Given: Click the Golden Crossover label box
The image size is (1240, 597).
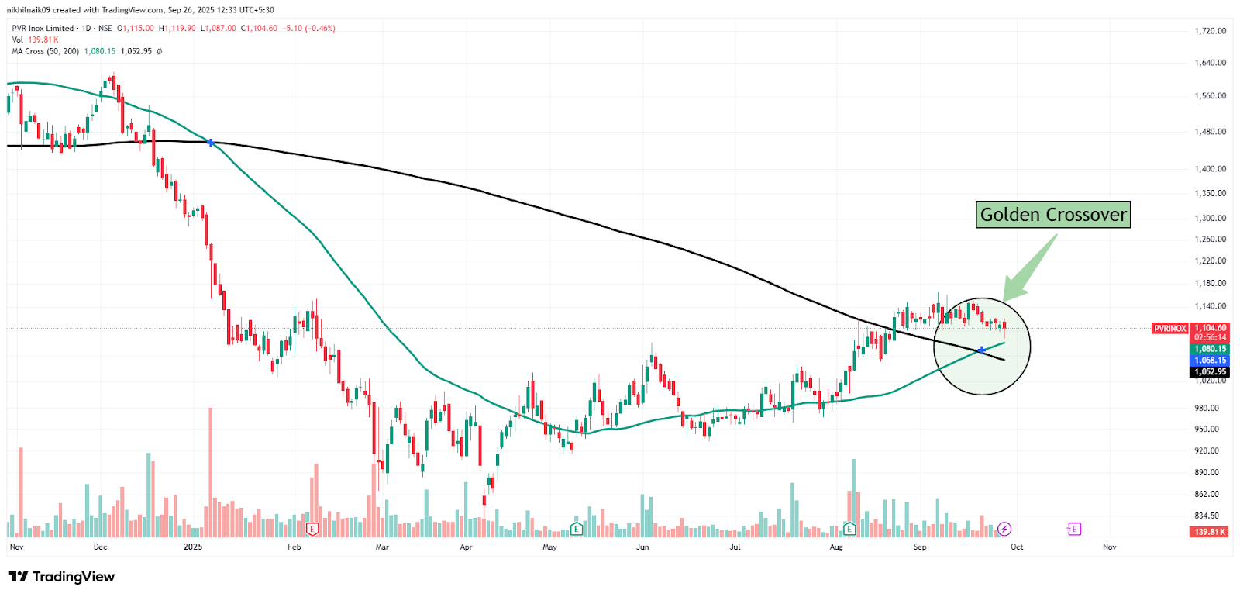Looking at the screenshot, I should point(1053,215).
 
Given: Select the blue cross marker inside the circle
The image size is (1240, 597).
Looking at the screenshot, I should point(982,350).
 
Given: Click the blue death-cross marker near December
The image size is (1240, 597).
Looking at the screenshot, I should point(211,143).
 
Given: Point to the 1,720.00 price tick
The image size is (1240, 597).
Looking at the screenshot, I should point(1210,31).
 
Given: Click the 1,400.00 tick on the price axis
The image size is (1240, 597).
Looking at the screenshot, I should point(1210,168).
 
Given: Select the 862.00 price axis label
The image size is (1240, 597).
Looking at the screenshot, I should point(1207,494).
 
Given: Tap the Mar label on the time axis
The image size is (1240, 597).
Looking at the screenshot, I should point(382,547).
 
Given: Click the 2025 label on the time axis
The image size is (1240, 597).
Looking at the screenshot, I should point(193,547).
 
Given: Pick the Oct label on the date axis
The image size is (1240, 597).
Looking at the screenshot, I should point(1017,547).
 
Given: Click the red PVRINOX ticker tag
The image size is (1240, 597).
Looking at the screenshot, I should point(1169,329).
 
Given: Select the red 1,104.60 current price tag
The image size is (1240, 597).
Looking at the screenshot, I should point(1210,328).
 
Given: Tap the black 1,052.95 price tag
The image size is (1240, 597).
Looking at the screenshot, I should point(1210,372).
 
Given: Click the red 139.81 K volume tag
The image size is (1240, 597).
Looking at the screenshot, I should point(1210,532).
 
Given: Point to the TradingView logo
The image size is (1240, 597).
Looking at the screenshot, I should point(61,577).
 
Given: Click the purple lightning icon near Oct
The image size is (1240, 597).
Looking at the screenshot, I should point(1004,529).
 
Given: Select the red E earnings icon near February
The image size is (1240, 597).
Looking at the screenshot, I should point(312,529).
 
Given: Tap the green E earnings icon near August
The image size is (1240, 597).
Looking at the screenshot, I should point(849,529).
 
